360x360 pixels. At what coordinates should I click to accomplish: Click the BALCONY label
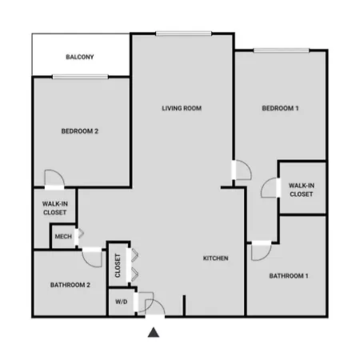[80, 57]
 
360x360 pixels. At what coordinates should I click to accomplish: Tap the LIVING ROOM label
[182, 108]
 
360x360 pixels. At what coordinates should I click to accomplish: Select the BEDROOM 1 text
[280, 108]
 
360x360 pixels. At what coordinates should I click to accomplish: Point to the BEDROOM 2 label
[80, 131]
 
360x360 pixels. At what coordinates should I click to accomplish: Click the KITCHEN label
[215, 258]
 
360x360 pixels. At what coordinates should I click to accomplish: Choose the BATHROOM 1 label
[289, 276]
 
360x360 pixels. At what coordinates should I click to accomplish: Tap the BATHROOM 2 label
[70, 285]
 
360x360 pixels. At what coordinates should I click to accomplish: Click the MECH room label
[63, 237]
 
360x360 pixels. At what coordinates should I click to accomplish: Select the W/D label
[122, 302]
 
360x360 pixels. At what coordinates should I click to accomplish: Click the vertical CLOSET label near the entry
[118, 266]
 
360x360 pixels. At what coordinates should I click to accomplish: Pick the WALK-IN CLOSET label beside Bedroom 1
[302, 190]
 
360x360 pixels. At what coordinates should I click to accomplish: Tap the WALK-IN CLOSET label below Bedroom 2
[55, 208]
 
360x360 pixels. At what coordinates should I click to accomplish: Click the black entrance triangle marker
[154, 333]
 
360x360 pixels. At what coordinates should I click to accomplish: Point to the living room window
[184, 34]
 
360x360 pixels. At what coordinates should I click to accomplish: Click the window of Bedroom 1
[282, 50]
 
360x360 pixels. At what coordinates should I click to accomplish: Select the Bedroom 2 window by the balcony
[80, 77]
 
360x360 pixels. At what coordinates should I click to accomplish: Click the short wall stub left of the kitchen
[184, 306]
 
